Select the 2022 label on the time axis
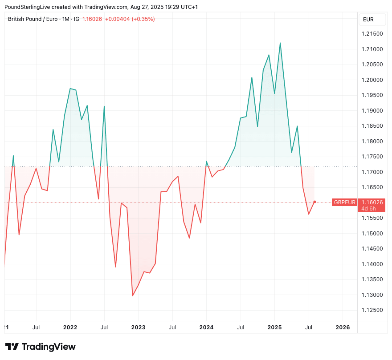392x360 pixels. (x=70, y=328)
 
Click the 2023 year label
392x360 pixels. (x=138, y=328)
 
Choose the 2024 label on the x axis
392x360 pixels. (x=206, y=328)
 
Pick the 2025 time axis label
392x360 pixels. (x=274, y=328)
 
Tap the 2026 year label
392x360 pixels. (x=342, y=328)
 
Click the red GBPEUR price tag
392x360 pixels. (x=345, y=202)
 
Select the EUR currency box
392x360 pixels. (x=368, y=20)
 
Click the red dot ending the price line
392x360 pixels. (x=314, y=202)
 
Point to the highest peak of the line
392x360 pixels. (x=280, y=43)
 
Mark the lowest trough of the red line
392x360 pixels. (x=132, y=295)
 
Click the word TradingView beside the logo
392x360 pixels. (x=49, y=347)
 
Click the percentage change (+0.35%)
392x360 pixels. (x=142, y=19)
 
